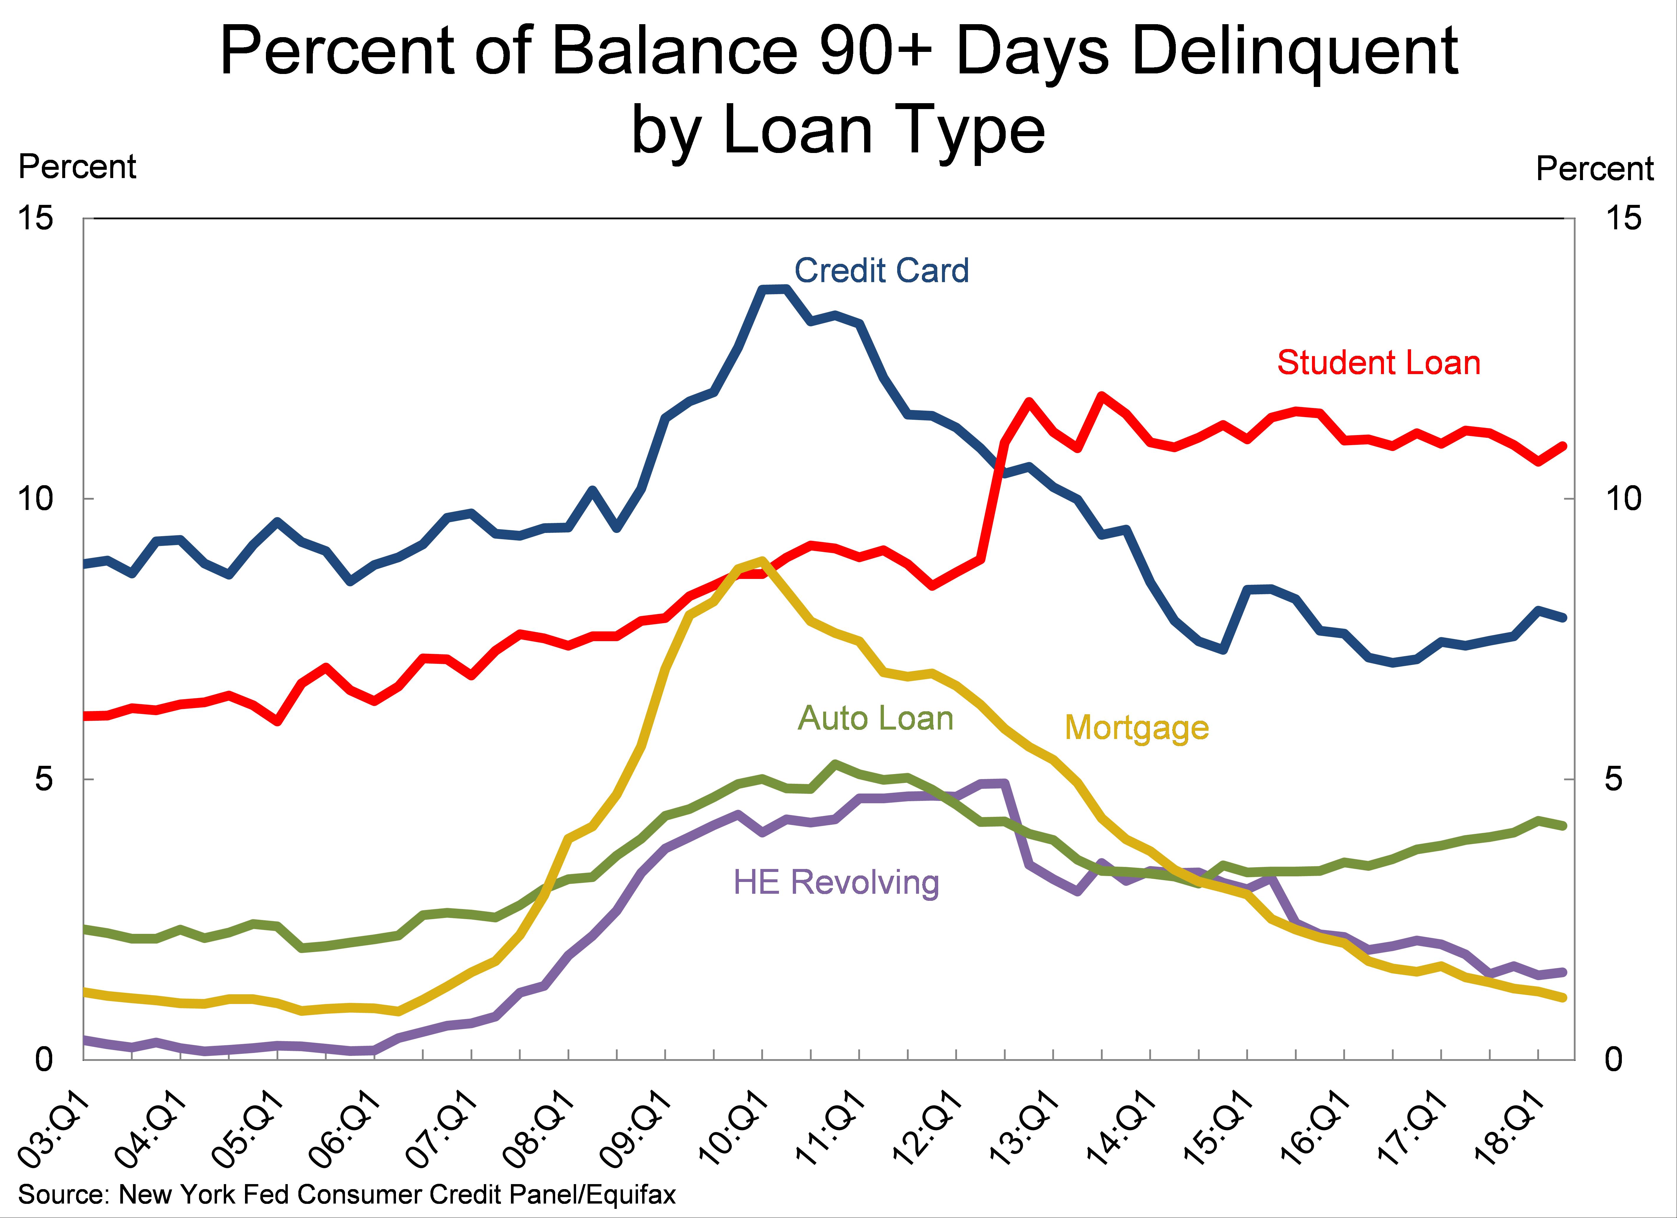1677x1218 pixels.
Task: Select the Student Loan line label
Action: pyautogui.click(x=1378, y=363)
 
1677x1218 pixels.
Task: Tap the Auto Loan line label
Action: pyautogui.click(x=875, y=718)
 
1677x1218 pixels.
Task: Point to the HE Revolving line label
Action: pyautogui.click(x=836, y=883)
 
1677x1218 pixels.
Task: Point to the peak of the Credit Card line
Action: pyautogui.click(x=773, y=289)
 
